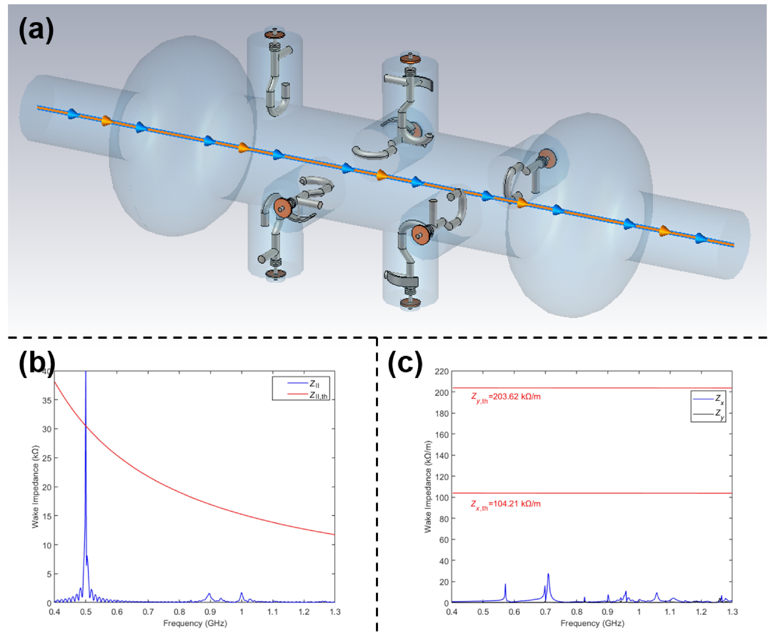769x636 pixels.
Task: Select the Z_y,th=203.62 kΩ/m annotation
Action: point(505,397)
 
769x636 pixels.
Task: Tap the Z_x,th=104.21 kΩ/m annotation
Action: point(505,504)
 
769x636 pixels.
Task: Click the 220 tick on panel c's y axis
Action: point(441,372)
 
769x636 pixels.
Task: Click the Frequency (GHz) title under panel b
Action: point(195,624)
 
